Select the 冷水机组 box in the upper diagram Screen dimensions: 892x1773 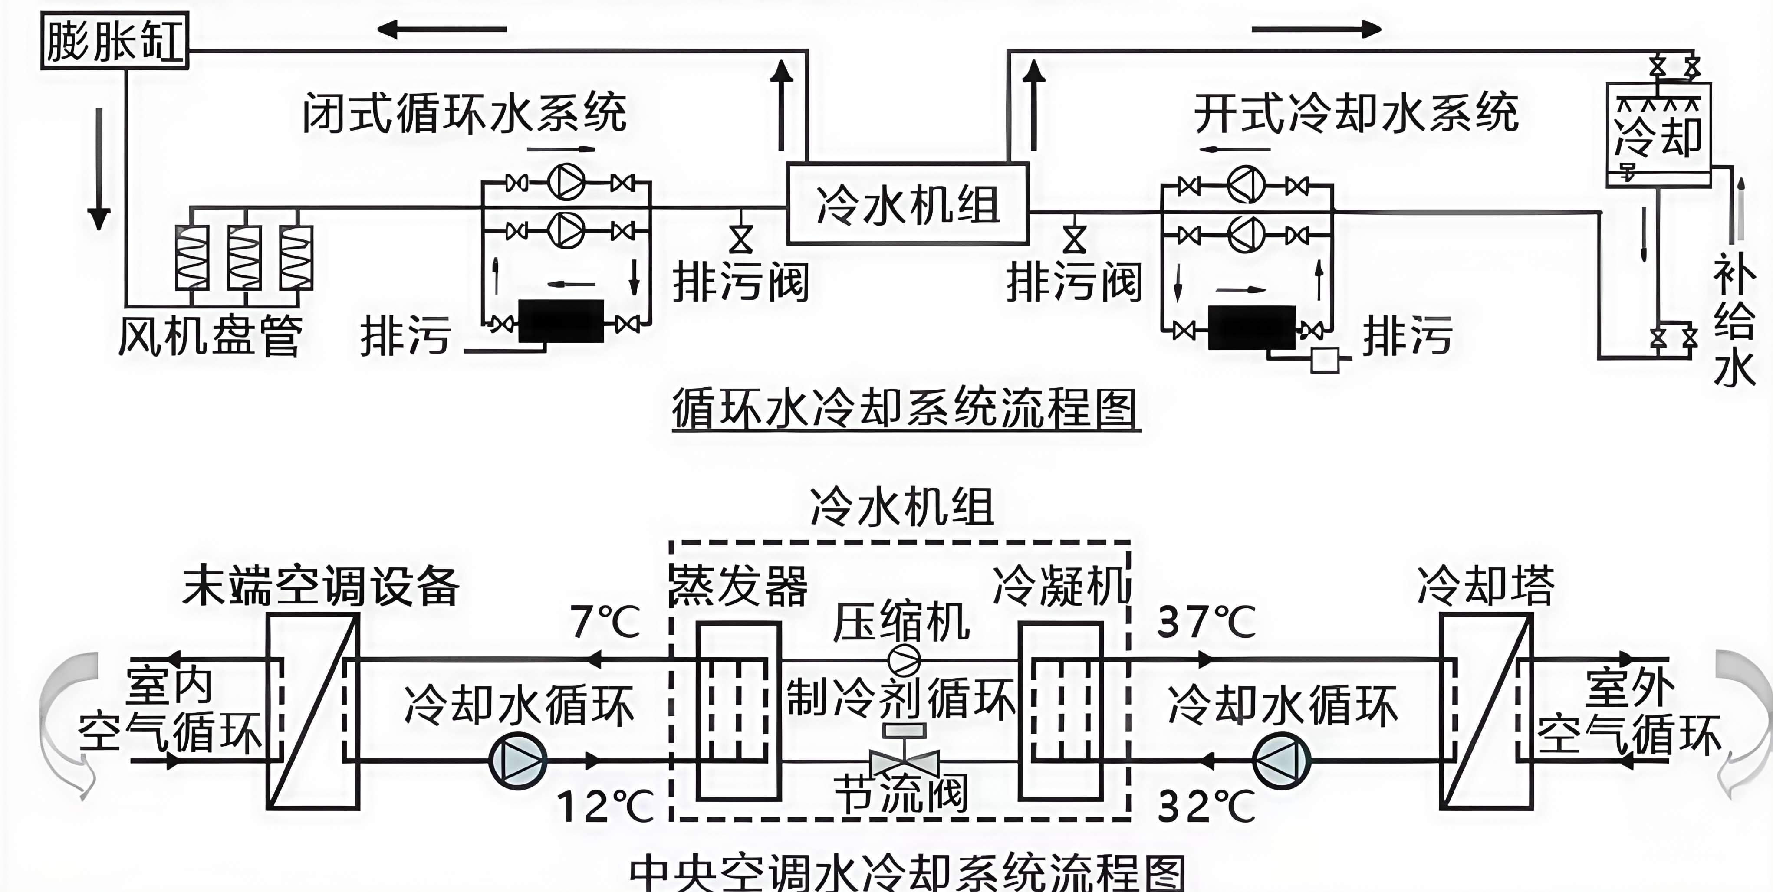click(907, 203)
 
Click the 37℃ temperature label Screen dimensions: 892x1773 click(1206, 622)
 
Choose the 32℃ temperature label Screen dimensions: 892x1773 click(1206, 806)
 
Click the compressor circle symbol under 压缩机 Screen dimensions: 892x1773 click(904, 661)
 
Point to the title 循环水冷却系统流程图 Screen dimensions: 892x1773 click(906, 409)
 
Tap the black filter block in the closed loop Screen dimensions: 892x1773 click(561, 321)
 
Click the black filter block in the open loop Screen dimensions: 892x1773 click(1251, 328)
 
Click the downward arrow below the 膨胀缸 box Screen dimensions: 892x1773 click(99, 168)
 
